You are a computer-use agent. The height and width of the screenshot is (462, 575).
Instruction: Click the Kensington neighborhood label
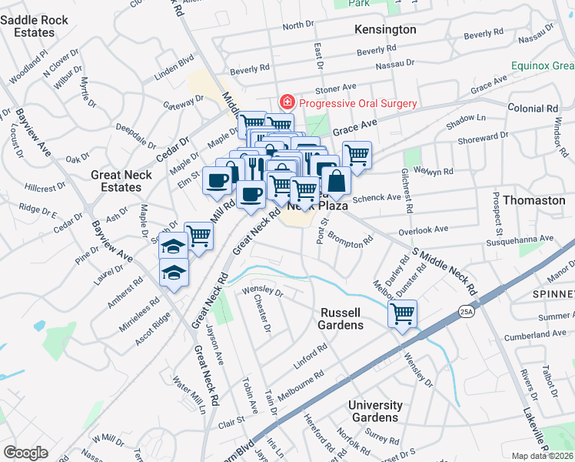click(385, 29)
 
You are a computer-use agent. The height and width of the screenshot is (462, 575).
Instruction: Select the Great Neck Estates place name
click(116, 181)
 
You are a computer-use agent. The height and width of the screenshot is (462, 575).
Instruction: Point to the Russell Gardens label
click(341, 319)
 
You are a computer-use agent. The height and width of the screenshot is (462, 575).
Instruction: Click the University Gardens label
click(374, 411)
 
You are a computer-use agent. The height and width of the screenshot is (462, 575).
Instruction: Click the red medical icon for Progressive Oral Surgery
click(287, 103)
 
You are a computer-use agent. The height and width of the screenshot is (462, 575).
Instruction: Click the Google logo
click(25, 453)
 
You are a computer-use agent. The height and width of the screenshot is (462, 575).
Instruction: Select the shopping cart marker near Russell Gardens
click(402, 314)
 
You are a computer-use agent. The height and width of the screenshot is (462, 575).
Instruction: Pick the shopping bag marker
click(336, 182)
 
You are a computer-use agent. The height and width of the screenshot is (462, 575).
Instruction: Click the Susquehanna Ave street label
click(520, 240)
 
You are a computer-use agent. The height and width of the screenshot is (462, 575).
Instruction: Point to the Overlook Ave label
click(423, 230)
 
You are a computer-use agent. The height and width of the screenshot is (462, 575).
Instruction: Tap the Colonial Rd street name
click(531, 109)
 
